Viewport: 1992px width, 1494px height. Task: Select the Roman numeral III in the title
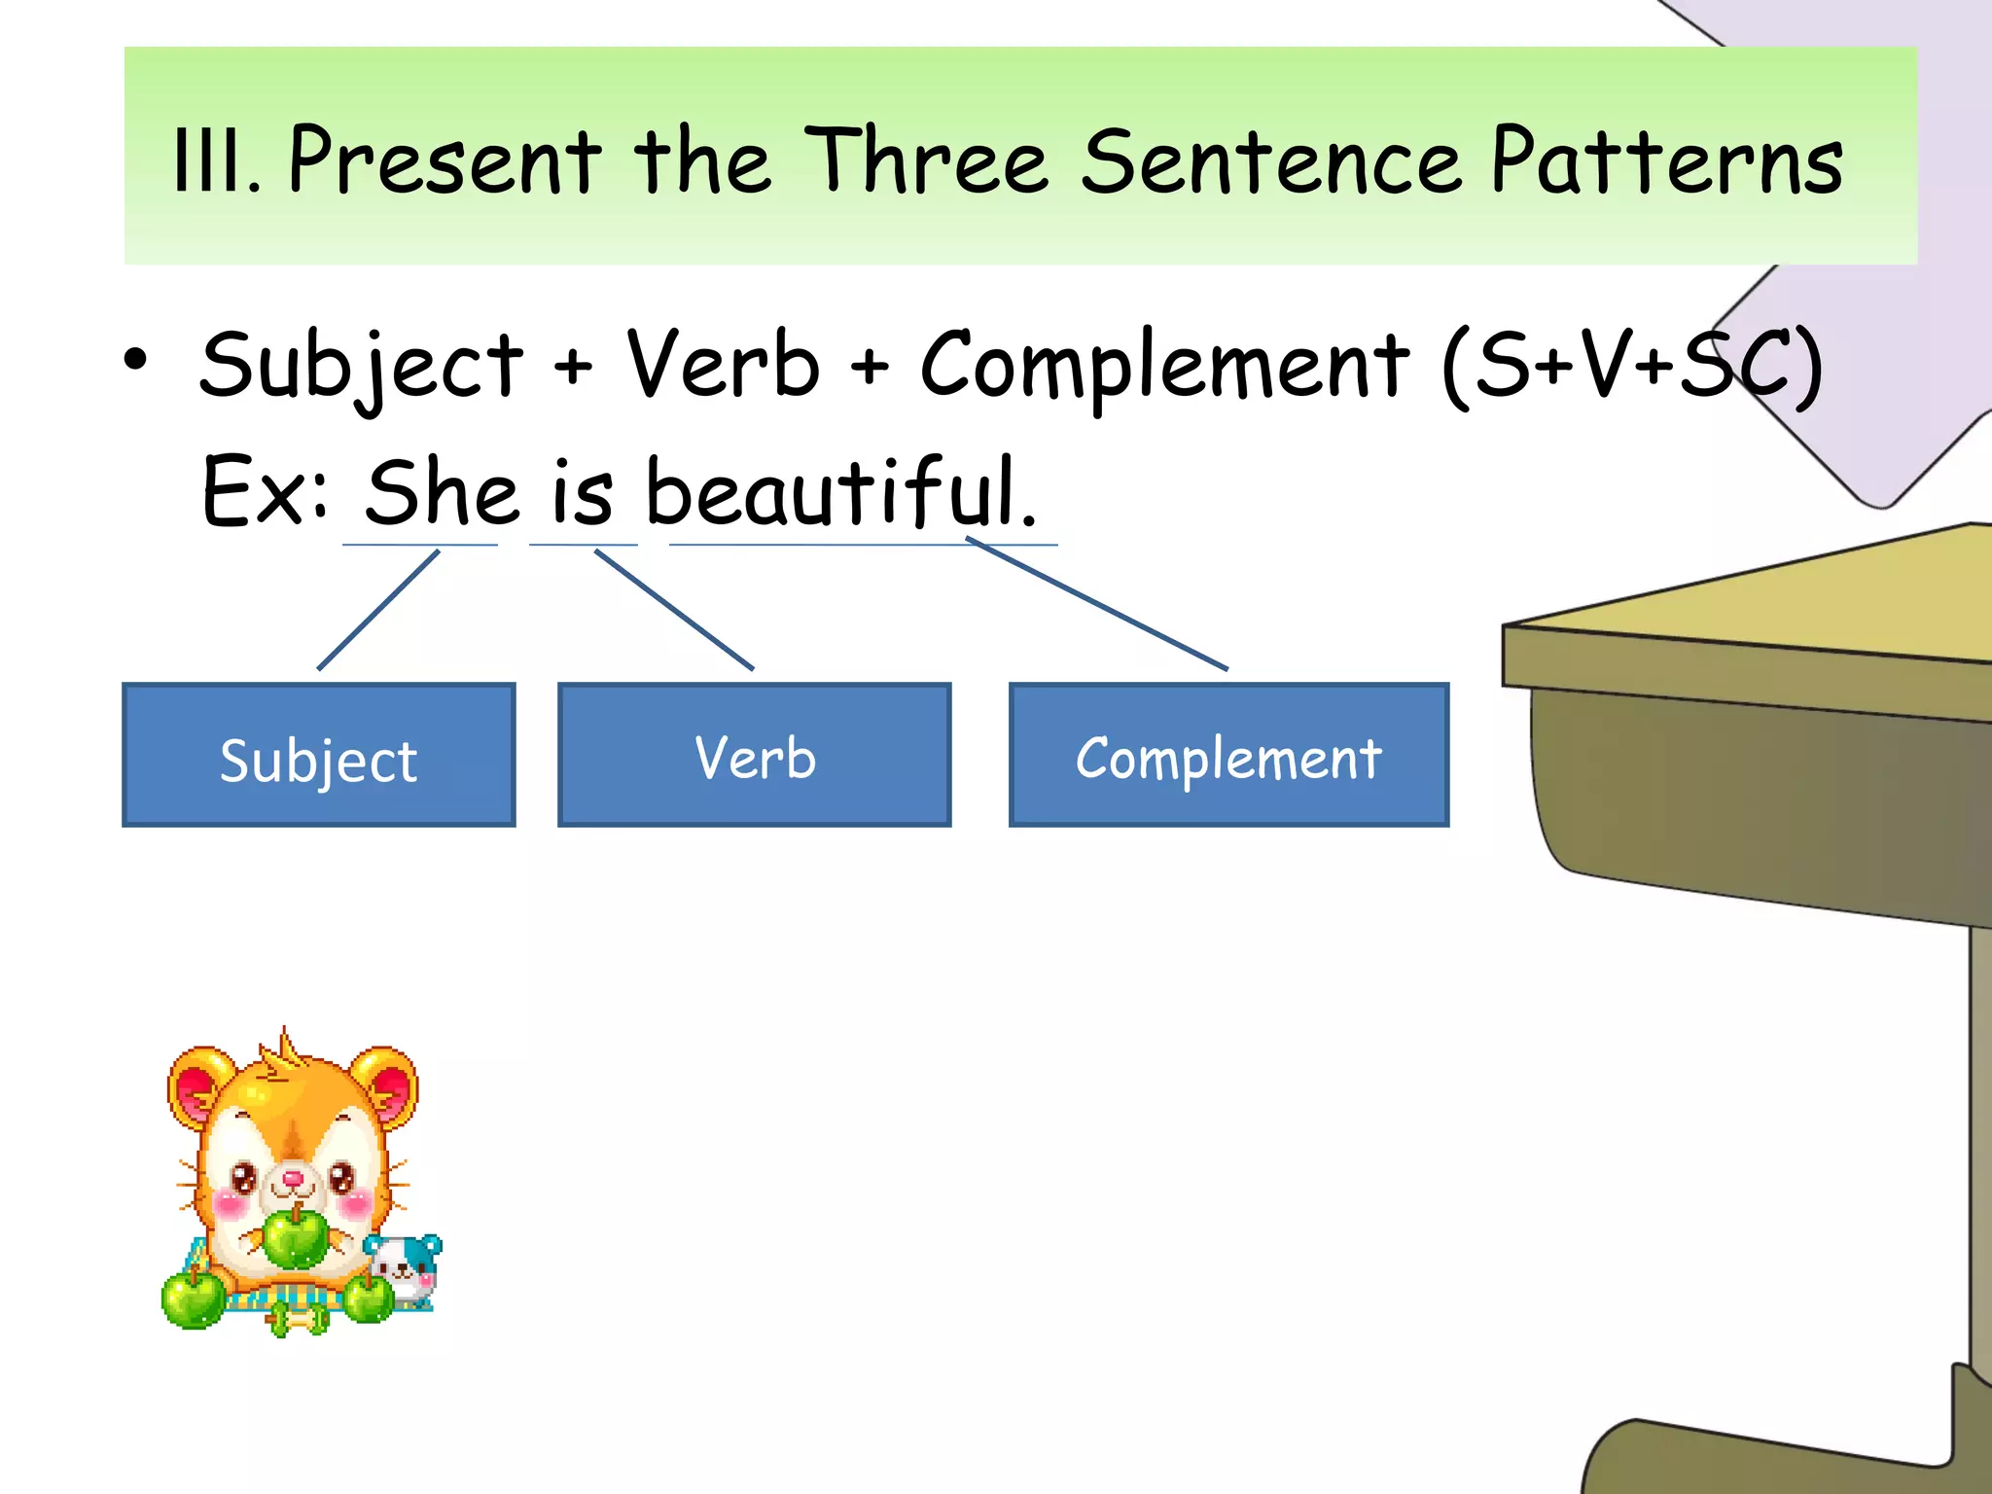coord(213,162)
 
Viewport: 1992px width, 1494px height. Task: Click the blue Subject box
coord(319,756)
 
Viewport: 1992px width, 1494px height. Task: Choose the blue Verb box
coord(755,756)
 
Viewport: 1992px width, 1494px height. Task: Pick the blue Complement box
coord(1228,756)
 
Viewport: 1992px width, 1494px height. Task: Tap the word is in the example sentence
coord(583,493)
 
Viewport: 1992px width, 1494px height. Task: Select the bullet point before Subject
coord(136,360)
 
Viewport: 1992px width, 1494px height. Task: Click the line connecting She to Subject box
coord(378,610)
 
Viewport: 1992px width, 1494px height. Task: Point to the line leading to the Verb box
coord(674,610)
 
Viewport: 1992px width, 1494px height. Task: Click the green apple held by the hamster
coord(296,1236)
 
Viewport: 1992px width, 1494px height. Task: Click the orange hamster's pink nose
coord(293,1180)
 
